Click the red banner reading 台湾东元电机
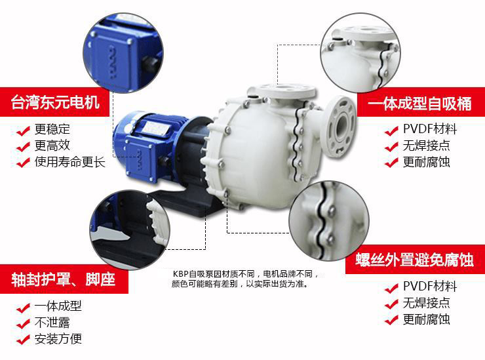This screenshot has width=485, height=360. [55, 102]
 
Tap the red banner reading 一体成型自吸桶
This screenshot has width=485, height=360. [421, 102]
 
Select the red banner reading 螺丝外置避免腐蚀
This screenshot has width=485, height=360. [415, 260]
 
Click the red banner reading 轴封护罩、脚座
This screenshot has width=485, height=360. [64, 279]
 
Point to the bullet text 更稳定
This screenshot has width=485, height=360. [52, 129]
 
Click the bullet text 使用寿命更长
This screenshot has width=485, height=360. [70, 162]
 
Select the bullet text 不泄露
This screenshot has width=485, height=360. [52, 323]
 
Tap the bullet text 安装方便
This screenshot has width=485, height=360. [58, 339]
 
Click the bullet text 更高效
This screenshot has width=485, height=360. [52, 146]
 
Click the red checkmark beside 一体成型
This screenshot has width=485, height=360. [23, 308]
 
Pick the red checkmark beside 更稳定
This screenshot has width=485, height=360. [23, 130]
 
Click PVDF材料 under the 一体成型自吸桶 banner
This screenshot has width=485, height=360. [430, 129]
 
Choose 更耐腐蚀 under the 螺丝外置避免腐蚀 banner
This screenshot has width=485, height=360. [426, 319]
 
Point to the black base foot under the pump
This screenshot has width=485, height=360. [185, 202]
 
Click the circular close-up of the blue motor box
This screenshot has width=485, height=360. [123, 52]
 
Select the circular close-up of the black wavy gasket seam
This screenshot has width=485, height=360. [329, 220]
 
